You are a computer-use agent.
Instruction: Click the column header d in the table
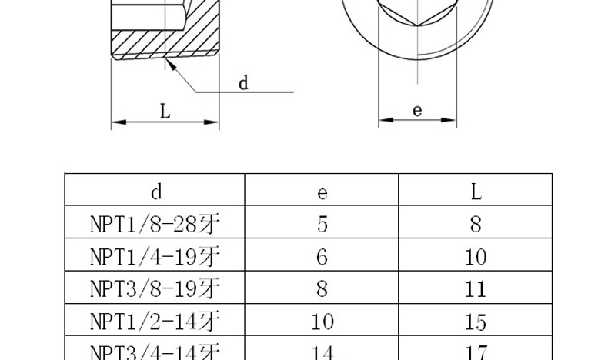[155, 190]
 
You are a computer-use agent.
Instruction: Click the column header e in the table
[322, 191]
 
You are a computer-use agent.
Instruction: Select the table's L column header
[476, 190]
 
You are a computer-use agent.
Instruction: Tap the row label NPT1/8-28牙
[155, 224]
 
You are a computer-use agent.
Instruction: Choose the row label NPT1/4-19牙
[155, 256]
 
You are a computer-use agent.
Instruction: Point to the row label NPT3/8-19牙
[155, 288]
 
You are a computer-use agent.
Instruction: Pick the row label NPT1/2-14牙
[155, 321]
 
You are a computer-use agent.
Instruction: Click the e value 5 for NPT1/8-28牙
[322, 224]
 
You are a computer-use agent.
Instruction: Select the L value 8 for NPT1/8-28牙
[476, 224]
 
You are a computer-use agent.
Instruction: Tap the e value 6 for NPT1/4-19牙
[322, 256]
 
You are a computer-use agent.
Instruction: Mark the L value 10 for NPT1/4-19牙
[476, 256]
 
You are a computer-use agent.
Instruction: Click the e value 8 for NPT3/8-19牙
[322, 288]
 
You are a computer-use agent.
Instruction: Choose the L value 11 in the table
[476, 288]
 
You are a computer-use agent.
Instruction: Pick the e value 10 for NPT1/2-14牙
[322, 321]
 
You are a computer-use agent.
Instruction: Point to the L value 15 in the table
[476, 321]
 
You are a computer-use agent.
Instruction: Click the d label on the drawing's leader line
[243, 82]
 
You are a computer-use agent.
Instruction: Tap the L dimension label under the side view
[165, 112]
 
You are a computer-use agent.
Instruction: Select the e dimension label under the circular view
[417, 110]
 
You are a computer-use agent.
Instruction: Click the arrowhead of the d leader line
[171, 64]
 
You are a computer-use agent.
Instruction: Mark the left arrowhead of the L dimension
[118, 121]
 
